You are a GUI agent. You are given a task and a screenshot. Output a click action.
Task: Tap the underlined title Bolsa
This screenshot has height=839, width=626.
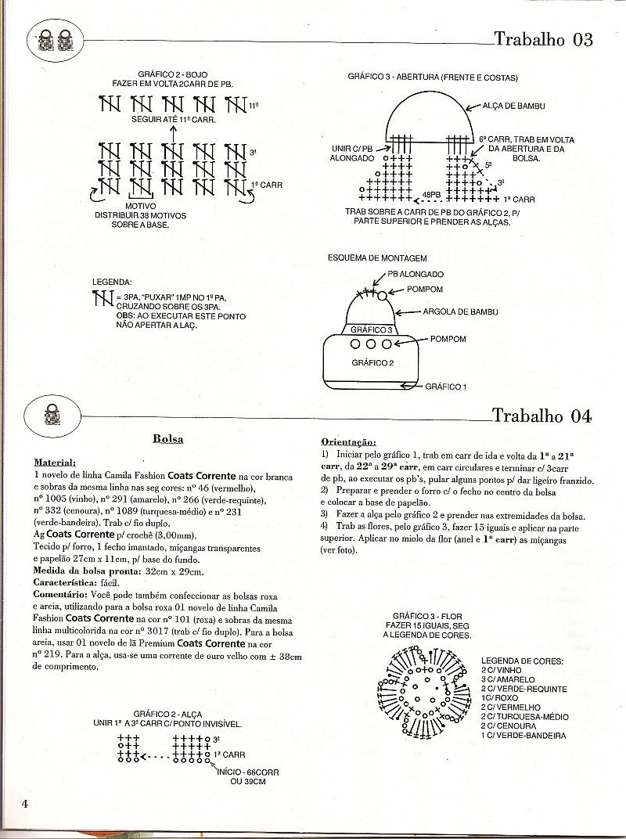tap(168, 439)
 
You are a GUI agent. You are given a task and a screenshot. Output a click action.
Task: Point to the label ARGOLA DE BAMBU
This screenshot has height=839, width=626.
tap(460, 311)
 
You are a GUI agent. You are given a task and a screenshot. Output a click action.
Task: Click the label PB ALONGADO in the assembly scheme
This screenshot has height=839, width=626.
tap(416, 275)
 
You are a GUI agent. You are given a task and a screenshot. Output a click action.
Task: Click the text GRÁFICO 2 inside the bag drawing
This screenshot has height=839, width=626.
tap(372, 362)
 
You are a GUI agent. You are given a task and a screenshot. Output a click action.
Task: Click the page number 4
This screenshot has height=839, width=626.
tap(26, 804)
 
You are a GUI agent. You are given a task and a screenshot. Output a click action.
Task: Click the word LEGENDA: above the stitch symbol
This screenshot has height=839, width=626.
tap(113, 282)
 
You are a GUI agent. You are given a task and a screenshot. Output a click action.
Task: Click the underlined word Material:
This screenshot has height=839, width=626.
tap(55, 463)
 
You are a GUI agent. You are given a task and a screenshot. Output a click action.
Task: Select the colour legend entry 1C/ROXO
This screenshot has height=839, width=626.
tap(502, 698)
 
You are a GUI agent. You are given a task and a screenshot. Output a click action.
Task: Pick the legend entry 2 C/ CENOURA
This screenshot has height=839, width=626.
tap(516, 726)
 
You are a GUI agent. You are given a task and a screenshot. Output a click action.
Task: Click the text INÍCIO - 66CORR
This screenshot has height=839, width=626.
tap(251, 772)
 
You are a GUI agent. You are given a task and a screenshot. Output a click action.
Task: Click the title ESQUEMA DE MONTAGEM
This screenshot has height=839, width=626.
tap(377, 257)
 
